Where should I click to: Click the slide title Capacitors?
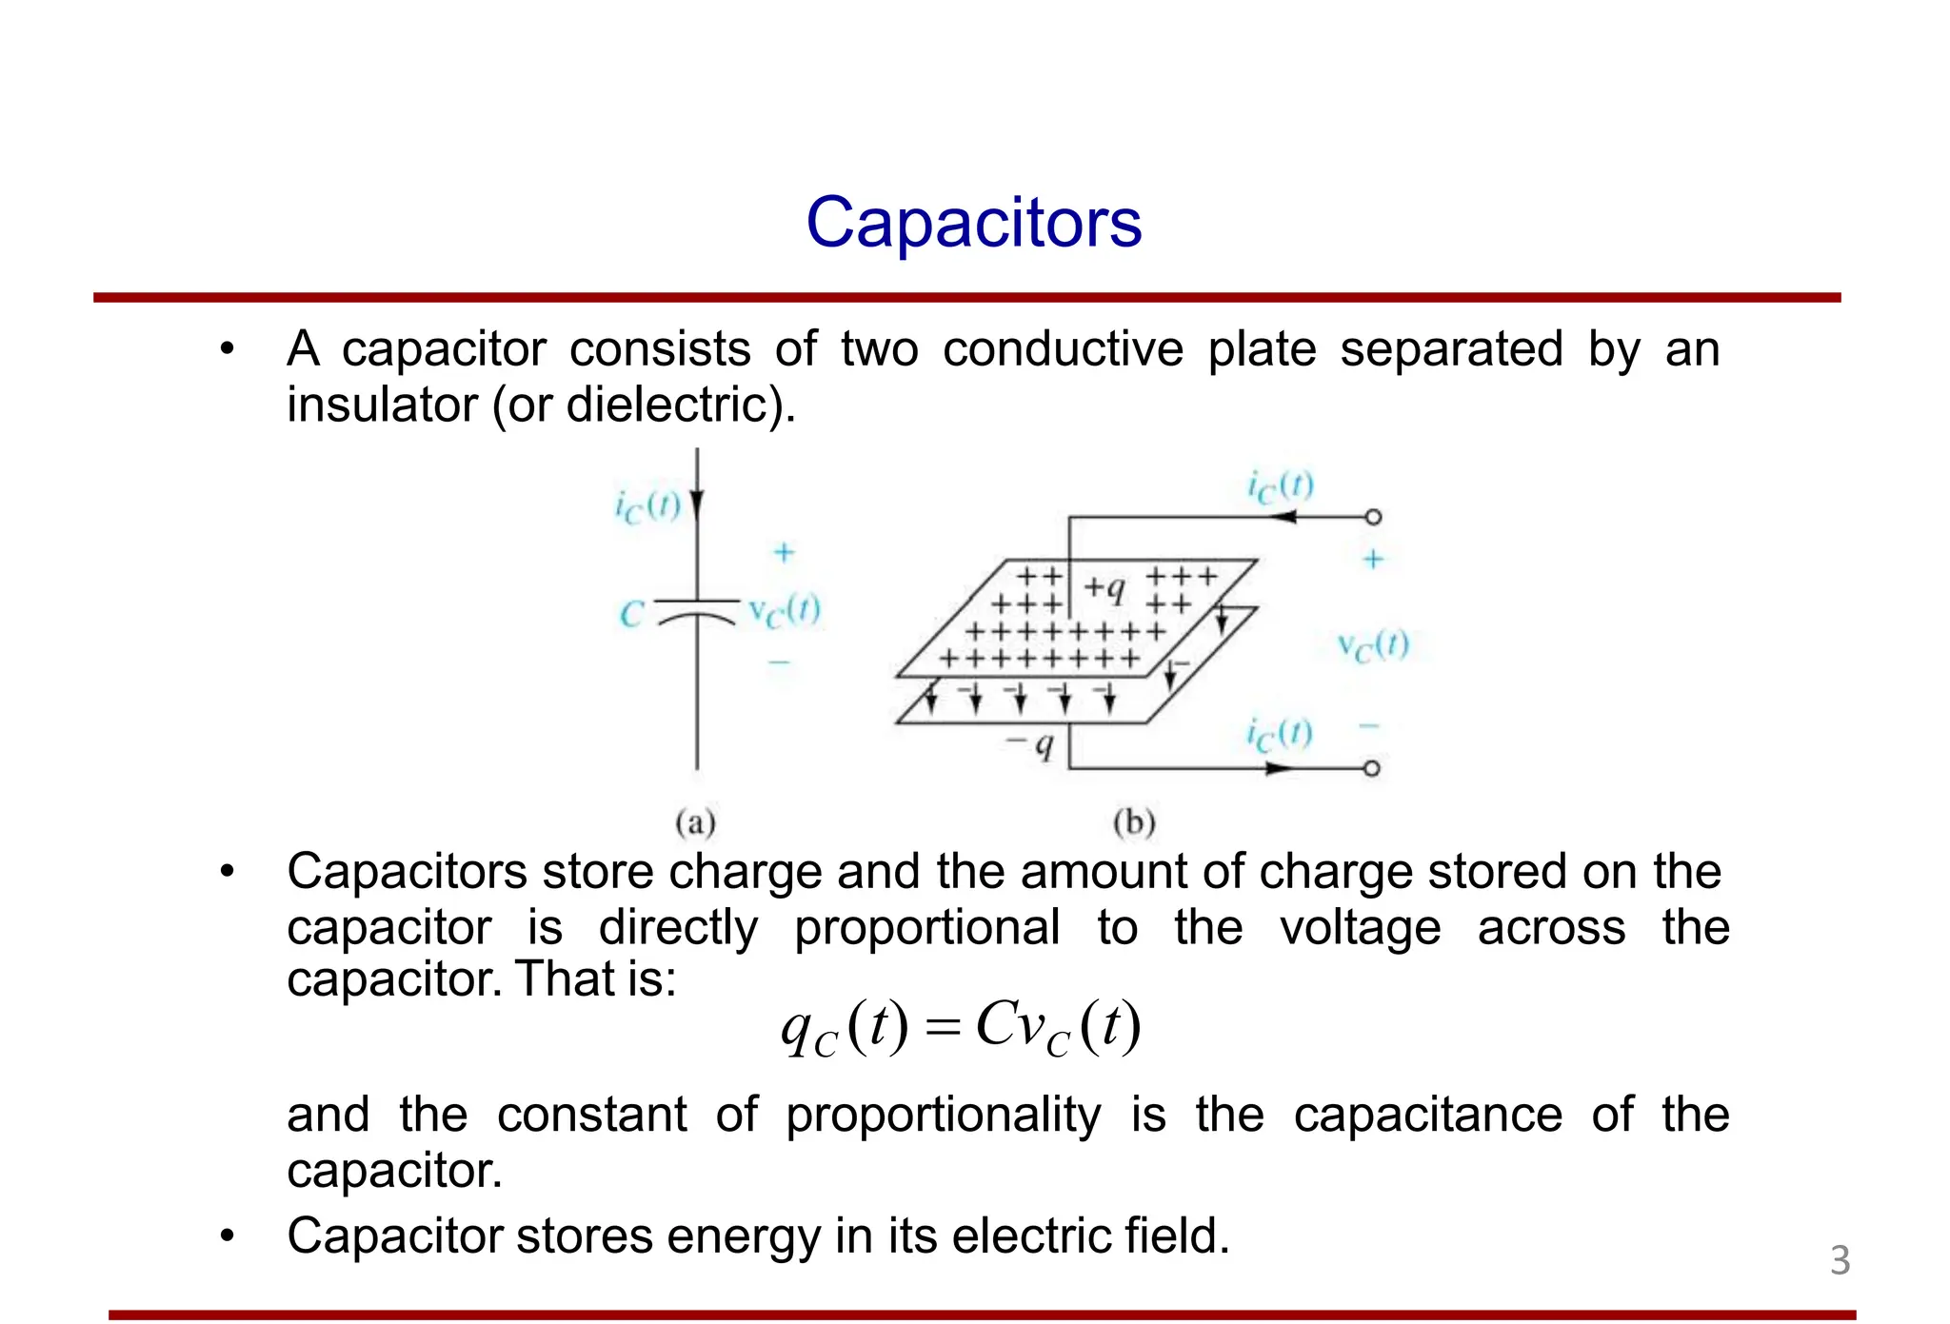point(973,223)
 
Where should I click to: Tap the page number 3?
point(1840,1260)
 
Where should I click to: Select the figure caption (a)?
point(695,822)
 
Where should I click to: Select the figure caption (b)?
point(1134,822)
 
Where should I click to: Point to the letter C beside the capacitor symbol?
point(631,614)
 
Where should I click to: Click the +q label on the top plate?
point(1104,588)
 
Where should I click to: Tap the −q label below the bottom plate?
point(1031,744)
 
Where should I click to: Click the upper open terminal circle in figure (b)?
point(1373,517)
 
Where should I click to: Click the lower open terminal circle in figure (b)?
point(1372,768)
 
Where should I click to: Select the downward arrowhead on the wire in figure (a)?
point(697,504)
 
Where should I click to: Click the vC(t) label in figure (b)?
point(1373,646)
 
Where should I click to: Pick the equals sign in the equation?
point(944,1028)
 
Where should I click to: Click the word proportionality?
point(943,1116)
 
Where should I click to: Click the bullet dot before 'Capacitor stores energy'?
point(227,1236)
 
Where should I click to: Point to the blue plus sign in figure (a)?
point(784,552)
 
